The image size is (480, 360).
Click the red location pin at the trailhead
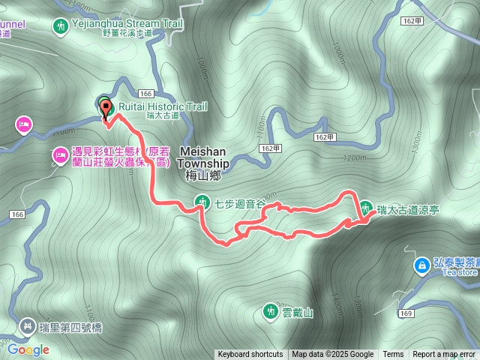(x=106, y=106)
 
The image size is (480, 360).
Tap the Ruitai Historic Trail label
(x=162, y=107)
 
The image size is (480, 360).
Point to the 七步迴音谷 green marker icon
(x=202, y=201)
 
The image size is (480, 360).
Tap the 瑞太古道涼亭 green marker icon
(x=366, y=208)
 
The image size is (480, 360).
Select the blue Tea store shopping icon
(x=423, y=265)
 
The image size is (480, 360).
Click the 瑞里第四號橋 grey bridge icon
(x=27, y=325)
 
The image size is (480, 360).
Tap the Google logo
(x=28, y=349)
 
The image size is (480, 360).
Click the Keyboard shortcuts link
(x=250, y=355)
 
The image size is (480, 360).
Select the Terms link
(x=393, y=355)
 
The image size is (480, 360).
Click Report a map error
(x=444, y=355)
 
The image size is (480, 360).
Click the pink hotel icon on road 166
(x=24, y=124)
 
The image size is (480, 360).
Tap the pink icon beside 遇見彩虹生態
(x=59, y=156)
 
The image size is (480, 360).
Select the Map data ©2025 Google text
(x=333, y=355)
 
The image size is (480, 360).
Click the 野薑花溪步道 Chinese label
(x=127, y=33)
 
